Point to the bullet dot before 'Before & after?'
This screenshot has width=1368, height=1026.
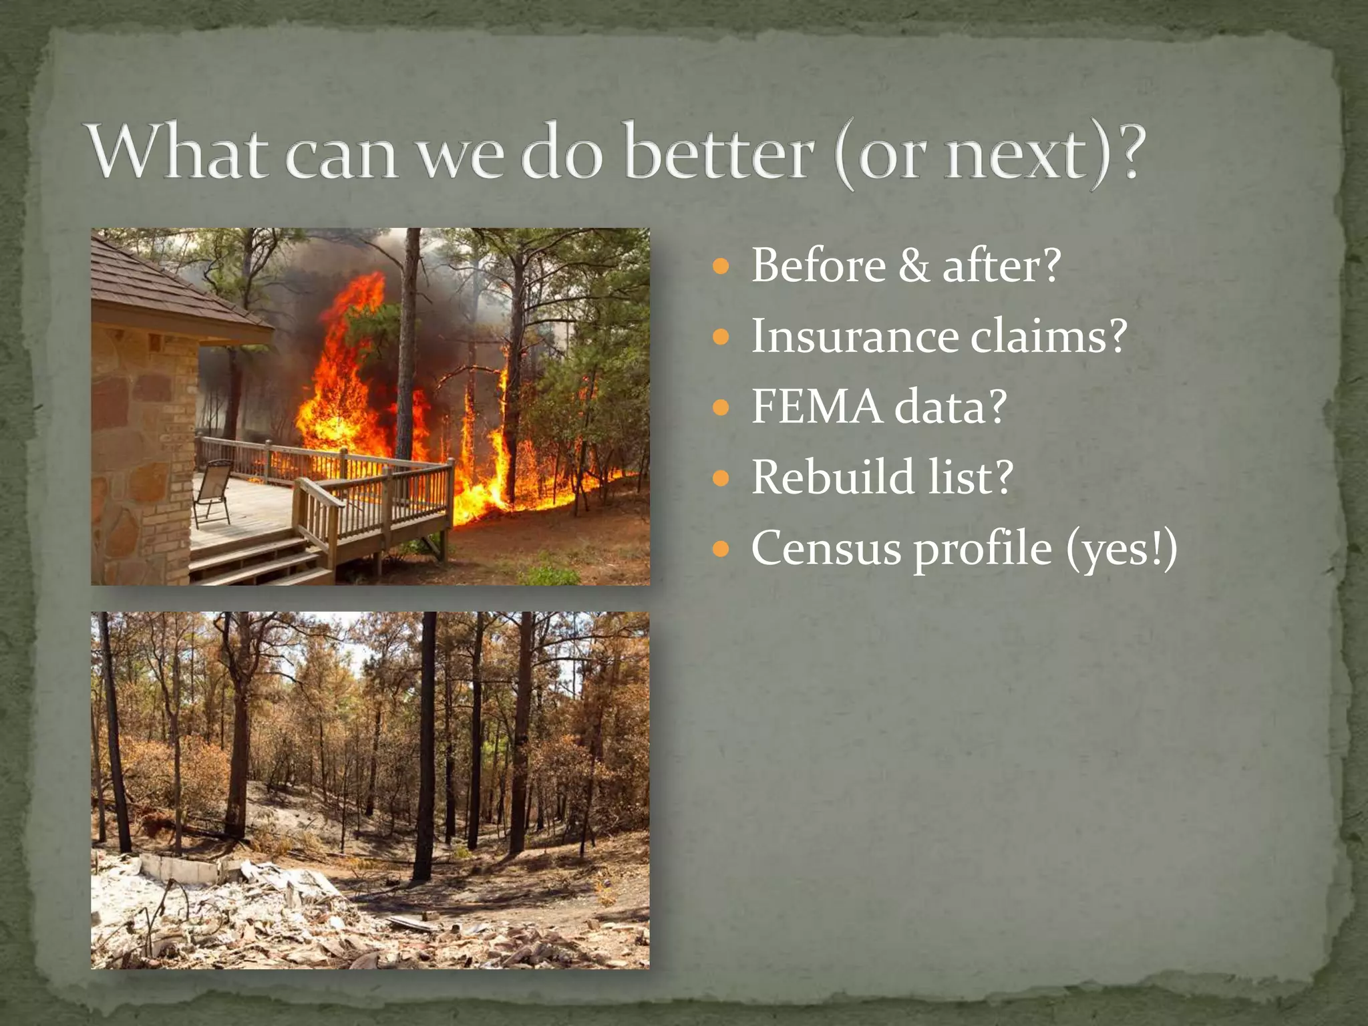click(720, 268)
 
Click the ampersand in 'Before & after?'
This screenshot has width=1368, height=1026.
click(913, 266)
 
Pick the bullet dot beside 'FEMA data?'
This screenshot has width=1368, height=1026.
click(720, 408)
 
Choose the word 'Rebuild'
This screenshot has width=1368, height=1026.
click(832, 478)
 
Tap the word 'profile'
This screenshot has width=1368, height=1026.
click(982, 550)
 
